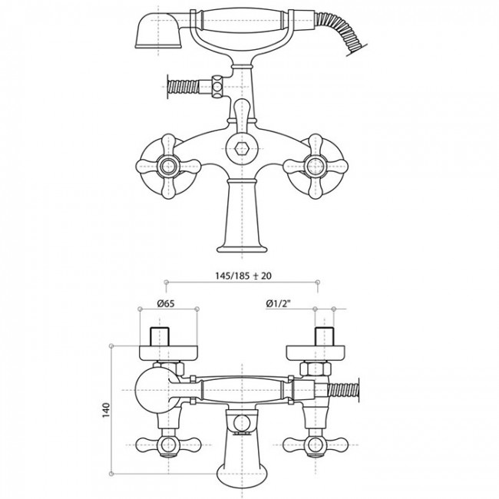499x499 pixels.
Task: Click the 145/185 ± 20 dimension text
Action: pyautogui.click(x=243, y=276)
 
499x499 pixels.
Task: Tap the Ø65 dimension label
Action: pyautogui.click(x=166, y=303)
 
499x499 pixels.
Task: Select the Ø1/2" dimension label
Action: pyautogui.click(x=279, y=303)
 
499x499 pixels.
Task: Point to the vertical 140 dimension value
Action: pyautogui.click(x=106, y=410)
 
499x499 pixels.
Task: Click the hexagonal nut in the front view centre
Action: pyautogui.click(x=242, y=149)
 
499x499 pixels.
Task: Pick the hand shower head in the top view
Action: pyautogui.click(x=159, y=31)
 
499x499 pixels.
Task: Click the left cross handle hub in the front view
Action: pyautogui.click(x=168, y=166)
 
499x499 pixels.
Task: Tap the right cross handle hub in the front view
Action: pyautogui.click(x=316, y=166)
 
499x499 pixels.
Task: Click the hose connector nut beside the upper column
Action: pyautogui.click(x=217, y=86)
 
